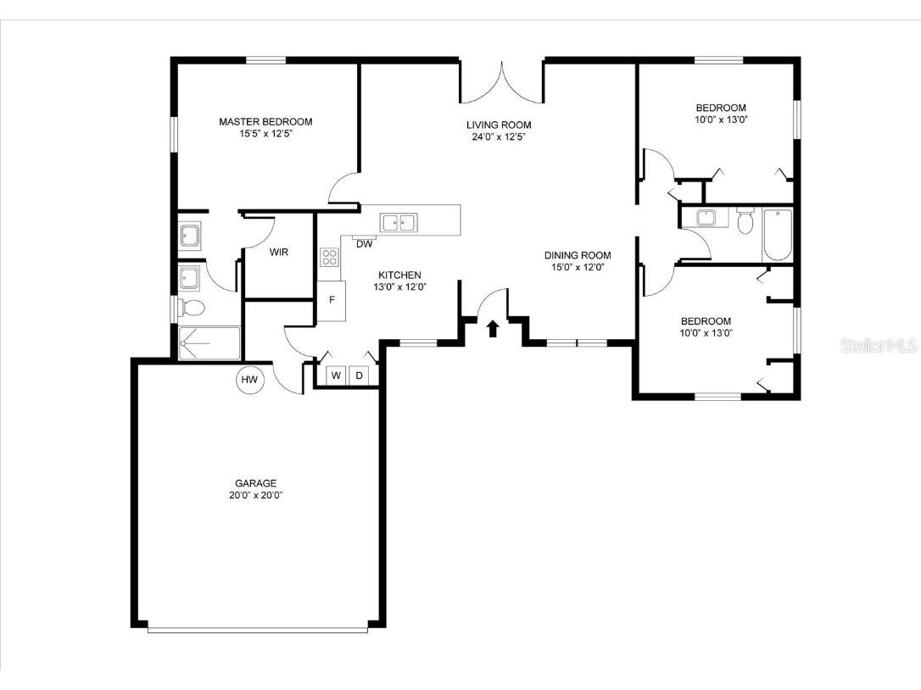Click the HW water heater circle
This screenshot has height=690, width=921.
[249, 380]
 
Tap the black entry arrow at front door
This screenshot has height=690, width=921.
[493, 328]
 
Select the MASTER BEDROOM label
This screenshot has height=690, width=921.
[265, 121]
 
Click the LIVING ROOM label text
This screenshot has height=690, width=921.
[499, 125]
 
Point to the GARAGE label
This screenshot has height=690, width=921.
[255, 483]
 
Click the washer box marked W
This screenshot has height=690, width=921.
[336, 376]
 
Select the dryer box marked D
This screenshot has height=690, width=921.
[359, 376]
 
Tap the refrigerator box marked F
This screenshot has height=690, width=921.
[332, 300]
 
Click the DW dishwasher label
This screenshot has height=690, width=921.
[364, 245]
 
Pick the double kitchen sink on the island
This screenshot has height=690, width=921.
[399, 223]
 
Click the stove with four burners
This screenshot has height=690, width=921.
[329, 258]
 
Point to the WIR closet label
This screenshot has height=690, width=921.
[279, 252]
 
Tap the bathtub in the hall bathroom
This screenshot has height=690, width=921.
[776, 233]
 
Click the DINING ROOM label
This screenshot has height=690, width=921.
[577, 255]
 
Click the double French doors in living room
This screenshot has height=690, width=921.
[501, 81]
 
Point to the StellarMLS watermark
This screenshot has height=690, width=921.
[879, 346]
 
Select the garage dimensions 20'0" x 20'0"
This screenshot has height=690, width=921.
[255, 495]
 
